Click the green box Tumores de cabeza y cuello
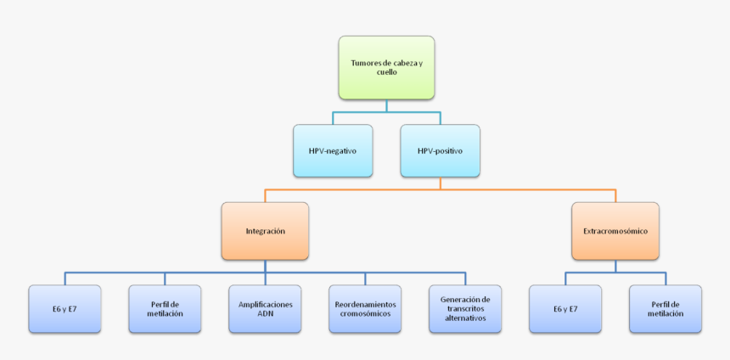click(386, 67)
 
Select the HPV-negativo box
click(333, 150)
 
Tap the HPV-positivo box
click(440, 150)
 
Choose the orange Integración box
click(265, 230)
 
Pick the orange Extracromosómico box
click(615, 230)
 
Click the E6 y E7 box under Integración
click(65, 308)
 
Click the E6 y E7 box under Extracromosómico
click(565, 308)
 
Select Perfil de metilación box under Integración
click(165, 308)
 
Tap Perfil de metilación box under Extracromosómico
click(665, 308)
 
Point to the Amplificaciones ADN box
click(265, 308)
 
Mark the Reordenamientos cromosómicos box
click(365, 308)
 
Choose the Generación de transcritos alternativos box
click(465, 308)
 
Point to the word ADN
click(266, 313)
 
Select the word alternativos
click(465, 318)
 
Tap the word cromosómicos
click(365, 313)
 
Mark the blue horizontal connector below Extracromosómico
click(615, 273)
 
